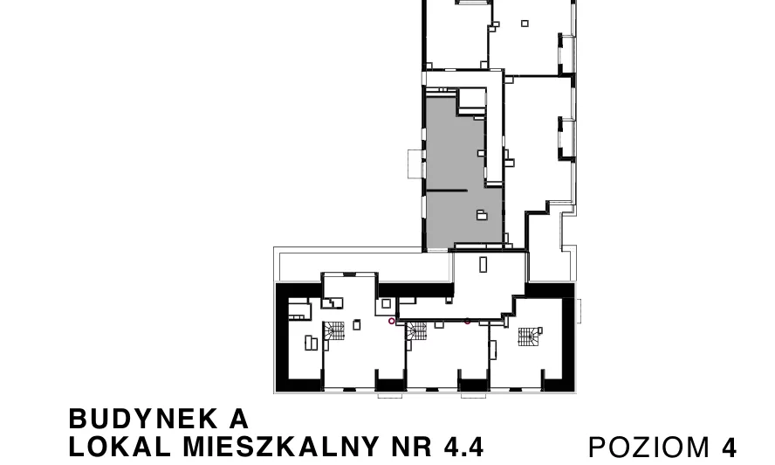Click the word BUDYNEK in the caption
point(143,419)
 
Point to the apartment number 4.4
point(463,447)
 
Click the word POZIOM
point(649,448)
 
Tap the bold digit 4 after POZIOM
point(729,448)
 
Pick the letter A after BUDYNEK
point(239,419)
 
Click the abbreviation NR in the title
point(411,447)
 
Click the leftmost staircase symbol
point(333,330)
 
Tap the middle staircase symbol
point(416,330)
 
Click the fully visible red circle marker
point(392,321)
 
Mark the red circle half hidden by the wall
point(468,322)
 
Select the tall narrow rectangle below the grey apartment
point(484,265)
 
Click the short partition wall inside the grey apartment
point(447,191)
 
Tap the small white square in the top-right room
point(525,24)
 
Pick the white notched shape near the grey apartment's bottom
point(482,214)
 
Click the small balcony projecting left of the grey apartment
point(415,163)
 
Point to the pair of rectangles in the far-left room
point(312,343)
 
